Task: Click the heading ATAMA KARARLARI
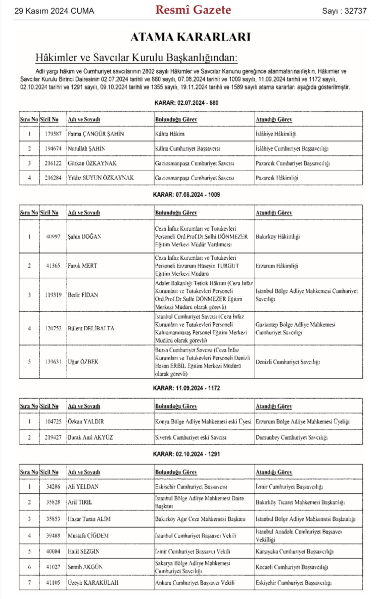[x=190, y=37]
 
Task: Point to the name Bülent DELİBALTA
[x=91, y=328]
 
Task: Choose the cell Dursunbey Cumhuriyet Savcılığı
[x=292, y=437]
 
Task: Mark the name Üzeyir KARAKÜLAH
[x=93, y=583]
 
